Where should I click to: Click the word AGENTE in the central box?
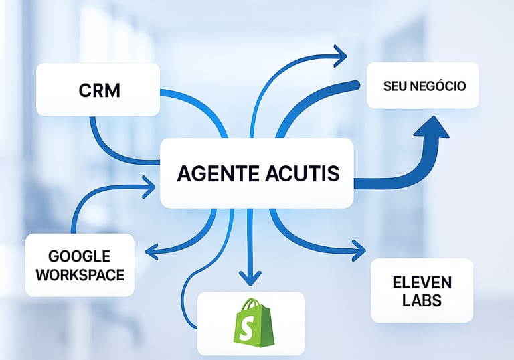(214, 173)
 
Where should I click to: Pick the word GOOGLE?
(79, 256)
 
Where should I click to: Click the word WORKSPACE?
(79, 274)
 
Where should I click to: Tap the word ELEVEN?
(422, 282)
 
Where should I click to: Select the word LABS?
(422, 300)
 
